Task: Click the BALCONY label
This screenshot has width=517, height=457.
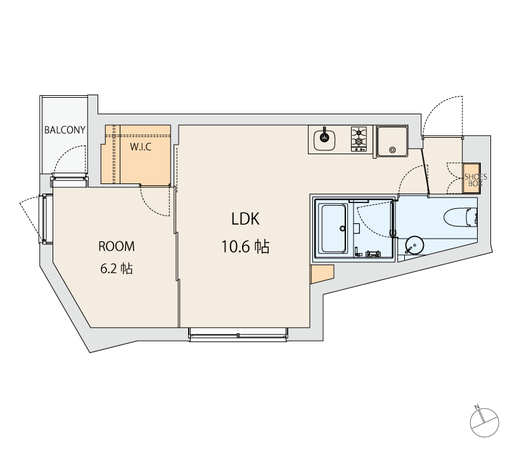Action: point(65,129)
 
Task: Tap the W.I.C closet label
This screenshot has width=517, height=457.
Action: point(141,147)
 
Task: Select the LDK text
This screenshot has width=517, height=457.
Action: point(245,218)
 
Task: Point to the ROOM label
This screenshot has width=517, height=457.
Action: point(117,246)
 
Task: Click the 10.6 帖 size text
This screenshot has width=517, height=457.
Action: point(245,247)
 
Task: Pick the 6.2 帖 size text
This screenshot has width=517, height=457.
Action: point(117,268)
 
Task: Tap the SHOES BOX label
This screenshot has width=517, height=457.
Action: point(475,180)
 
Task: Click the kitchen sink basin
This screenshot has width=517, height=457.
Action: point(324,140)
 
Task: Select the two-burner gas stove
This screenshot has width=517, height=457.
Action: point(359,139)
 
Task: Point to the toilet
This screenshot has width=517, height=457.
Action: point(461,218)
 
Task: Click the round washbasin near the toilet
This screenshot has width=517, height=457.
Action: point(414,245)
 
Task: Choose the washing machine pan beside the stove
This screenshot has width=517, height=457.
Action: point(392,141)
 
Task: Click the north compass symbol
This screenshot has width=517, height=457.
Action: point(484,421)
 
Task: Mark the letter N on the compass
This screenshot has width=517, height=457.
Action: point(477,407)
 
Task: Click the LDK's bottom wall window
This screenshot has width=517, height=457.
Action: point(238,335)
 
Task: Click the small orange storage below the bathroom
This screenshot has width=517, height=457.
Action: point(322,273)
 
